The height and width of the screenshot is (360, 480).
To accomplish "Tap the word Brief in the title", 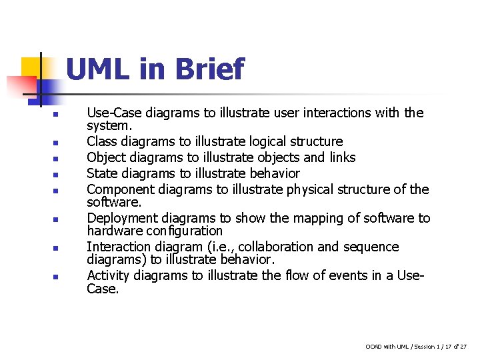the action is click(x=209, y=69).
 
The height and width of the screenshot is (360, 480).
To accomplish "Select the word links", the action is click(x=341, y=157).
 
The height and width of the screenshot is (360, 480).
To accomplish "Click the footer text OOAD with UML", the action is click(x=387, y=347).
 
